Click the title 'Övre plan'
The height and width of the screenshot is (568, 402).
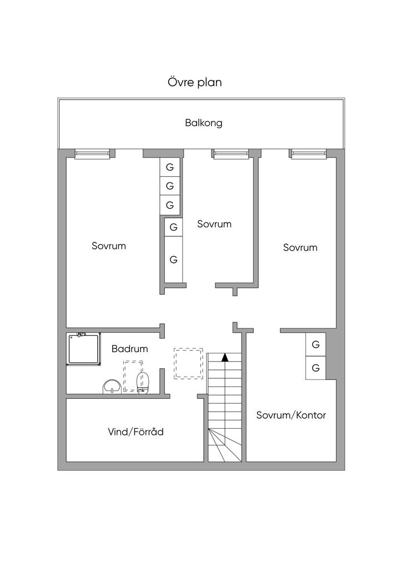pos(195,82)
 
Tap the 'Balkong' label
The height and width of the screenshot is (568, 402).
pos(204,123)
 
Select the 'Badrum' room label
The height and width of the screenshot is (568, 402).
pos(130,349)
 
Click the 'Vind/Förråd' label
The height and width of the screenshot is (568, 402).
pos(135,432)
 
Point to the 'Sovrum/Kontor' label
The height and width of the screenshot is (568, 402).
pos(291,415)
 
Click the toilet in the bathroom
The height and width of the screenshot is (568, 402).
pos(143,383)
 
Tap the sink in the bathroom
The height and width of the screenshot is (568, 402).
pos(112,387)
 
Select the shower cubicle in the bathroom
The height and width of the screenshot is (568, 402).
pos(84,349)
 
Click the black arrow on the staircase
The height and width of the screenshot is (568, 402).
pos(225,357)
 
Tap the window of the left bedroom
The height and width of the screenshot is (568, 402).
pos(92,154)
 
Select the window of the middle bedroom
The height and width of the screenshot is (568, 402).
pos(230,154)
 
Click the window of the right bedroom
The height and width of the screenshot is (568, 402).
pos(308,154)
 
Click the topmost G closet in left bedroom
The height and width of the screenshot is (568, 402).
pos(170,168)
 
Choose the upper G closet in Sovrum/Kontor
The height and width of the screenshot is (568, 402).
pos(316,344)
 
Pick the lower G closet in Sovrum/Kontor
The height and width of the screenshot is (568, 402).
pos(316,368)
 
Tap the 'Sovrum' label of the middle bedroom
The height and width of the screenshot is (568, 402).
pos(214,224)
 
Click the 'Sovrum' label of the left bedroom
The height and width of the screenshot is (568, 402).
pos(109,246)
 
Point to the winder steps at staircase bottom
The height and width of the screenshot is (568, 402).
pos(225,445)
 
